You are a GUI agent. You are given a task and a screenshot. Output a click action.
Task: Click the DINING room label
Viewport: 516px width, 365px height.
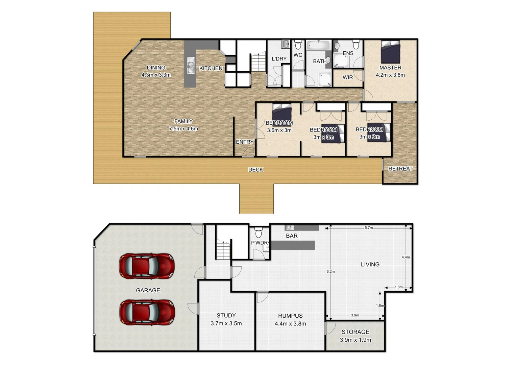(x=156, y=68)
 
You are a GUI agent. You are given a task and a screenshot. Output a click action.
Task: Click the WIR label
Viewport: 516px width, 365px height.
(x=348, y=77)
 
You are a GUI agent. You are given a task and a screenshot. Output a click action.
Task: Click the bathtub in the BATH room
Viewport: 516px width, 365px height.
(x=319, y=45)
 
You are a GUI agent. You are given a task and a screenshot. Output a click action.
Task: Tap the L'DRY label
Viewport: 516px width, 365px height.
(x=279, y=59)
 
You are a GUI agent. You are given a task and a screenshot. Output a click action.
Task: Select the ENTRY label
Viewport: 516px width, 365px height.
(x=245, y=142)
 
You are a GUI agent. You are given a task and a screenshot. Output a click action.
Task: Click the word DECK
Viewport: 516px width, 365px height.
(x=255, y=170)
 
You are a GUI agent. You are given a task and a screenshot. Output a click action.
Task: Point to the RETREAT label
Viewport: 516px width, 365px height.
(x=400, y=169)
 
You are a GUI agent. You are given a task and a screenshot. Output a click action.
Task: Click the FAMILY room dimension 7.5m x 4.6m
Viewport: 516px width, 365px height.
(x=183, y=129)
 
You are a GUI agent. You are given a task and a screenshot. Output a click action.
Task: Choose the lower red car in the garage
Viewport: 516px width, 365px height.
(x=147, y=312)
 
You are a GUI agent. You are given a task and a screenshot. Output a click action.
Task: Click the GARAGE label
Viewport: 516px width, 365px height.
(x=148, y=290)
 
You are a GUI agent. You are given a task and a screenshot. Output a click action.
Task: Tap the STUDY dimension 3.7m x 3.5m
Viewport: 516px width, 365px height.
(x=226, y=323)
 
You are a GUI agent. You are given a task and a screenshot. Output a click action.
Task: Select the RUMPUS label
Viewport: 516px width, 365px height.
(x=290, y=316)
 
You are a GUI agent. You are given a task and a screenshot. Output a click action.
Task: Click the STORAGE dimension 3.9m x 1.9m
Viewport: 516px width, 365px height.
(x=355, y=340)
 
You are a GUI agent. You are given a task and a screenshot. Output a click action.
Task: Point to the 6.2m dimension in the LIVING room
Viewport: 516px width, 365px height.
(x=330, y=271)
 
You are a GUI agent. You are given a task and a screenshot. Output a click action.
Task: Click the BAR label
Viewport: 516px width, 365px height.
(x=292, y=236)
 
